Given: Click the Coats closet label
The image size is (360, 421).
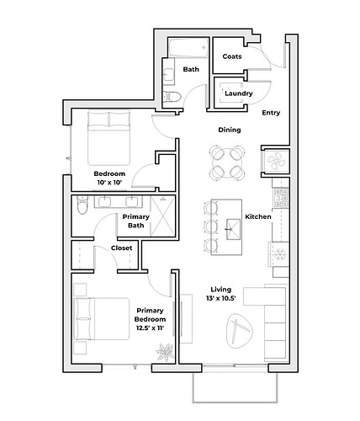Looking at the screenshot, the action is click(232, 56).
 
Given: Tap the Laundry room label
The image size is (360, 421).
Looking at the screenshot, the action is click(239, 93).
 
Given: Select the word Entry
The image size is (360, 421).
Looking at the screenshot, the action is click(271, 113).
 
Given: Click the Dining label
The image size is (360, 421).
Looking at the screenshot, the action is click(230, 130).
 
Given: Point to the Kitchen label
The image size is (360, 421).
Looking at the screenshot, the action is click(258, 216).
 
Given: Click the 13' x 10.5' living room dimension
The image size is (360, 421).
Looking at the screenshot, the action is click(220, 298).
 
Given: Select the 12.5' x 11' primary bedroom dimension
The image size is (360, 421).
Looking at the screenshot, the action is click(150, 328).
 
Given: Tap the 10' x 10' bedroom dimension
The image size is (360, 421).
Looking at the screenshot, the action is click(109, 183).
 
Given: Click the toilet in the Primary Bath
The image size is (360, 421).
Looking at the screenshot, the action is click(82, 205).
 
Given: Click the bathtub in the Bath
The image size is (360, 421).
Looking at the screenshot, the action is click(188, 48).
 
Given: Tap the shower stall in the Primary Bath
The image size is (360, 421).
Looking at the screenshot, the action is click(162, 216).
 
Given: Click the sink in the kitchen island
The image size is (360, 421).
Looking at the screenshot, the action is click(233, 230).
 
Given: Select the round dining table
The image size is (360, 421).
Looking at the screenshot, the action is click(228, 162).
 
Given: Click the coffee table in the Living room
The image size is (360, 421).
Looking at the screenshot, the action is click(239, 331).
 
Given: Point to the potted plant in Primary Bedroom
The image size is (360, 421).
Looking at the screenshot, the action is click(165, 352).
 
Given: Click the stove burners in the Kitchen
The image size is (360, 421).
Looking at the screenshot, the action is click(281, 198).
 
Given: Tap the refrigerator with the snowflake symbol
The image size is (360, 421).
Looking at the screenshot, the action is click(279, 254).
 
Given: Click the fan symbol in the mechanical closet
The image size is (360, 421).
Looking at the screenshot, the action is click(275, 162).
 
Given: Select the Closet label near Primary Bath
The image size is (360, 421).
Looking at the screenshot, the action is click(121, 248).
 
